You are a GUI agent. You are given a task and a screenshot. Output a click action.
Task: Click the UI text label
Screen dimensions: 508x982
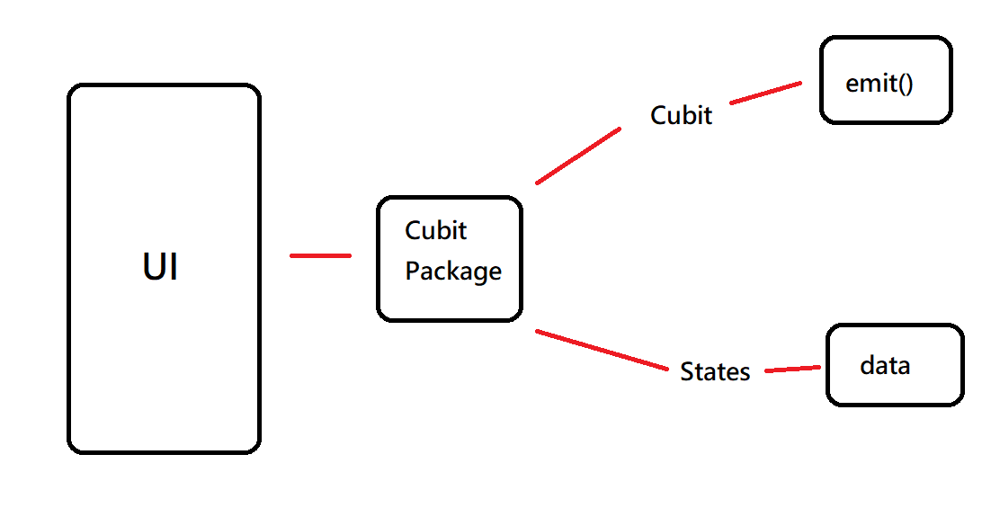click(x=161, y=267)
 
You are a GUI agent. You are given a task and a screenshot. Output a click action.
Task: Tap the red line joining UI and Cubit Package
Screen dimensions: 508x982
click(x=320, y=256)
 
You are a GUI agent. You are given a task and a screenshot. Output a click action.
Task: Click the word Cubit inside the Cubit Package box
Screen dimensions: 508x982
click(x=436, y=231)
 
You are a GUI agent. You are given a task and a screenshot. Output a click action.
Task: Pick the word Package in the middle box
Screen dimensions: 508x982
click(x=453, y=272)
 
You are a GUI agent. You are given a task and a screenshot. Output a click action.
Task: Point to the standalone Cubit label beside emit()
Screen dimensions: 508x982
click(x=681, y=115)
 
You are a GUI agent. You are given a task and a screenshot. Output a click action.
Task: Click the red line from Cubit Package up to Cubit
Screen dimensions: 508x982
click(x=578, y=156)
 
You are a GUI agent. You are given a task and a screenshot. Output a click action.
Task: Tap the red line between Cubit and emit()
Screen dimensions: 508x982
click(x=765, y=93)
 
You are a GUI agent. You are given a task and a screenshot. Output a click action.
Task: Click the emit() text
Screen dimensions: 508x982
click(x=879, y=84)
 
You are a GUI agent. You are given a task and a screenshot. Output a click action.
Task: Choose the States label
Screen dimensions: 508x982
click(x=715, y=372)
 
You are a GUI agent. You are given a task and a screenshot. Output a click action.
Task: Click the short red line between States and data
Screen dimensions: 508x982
click(x=792, y=369)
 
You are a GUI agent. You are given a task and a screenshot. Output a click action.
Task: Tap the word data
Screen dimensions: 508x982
click(x=885, y=366)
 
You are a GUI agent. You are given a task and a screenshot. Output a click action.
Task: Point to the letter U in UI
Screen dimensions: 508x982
click(x=154, y=267)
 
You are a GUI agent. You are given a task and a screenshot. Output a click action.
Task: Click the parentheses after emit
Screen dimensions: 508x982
click(x=906, y=84)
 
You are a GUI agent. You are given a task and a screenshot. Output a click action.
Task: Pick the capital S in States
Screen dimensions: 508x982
click(x=687, y=372)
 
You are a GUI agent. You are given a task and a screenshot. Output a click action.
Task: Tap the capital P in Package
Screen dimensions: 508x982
click(x=412, y=271)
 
